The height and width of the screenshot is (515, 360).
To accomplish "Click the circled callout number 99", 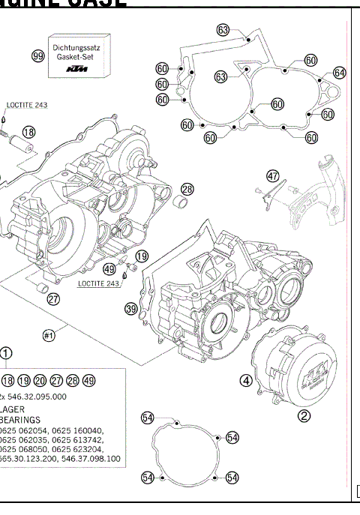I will [37, 58].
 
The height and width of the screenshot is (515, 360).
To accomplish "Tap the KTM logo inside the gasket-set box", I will [76, 69].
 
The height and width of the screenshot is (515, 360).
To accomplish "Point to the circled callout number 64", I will [340, 73].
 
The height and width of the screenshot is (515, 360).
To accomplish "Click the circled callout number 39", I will [130, 309].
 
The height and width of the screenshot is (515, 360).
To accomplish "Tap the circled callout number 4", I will [245, 379].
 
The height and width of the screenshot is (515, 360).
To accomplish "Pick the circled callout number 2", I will [304, 415].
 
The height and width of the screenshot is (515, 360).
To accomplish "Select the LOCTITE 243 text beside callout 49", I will [98, 284].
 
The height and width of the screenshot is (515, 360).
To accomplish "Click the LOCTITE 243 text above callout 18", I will [27, 106].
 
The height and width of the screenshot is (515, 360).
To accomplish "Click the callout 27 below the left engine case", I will [53, 300].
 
